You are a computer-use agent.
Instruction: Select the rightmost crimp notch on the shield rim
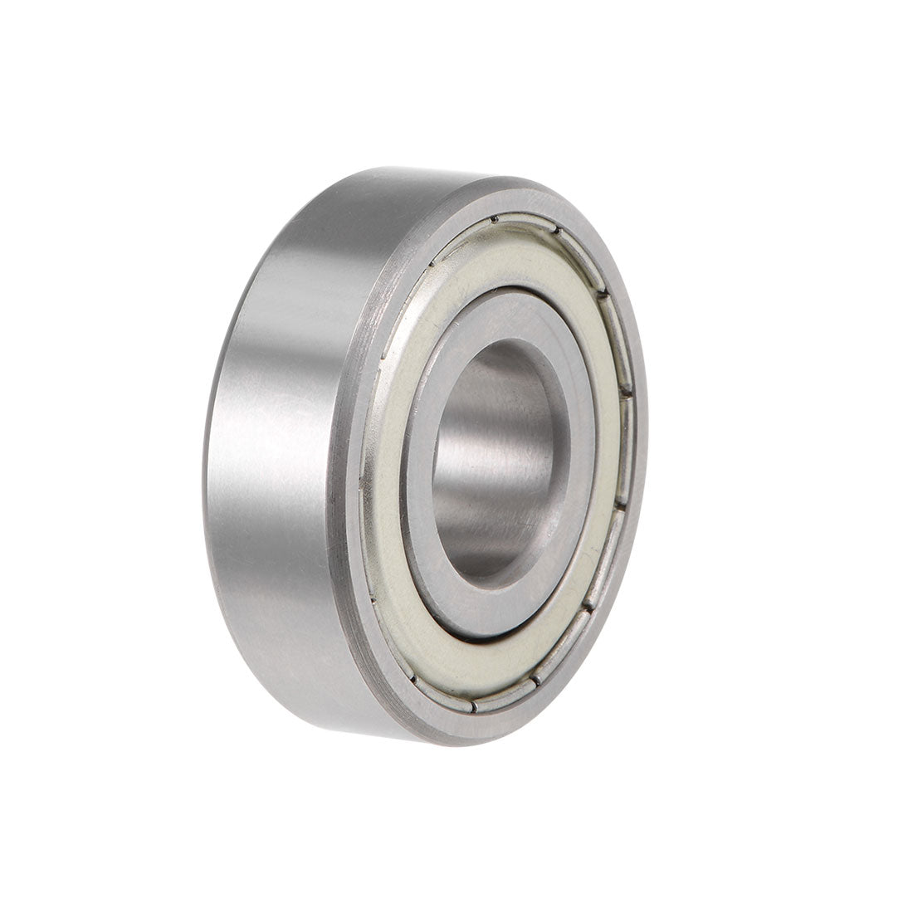click(x=630, y=390)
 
